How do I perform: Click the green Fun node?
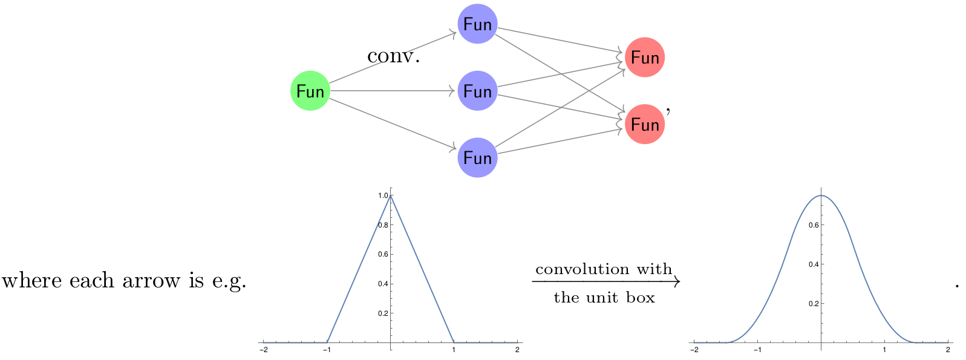point(310,91)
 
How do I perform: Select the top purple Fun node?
point(477,24)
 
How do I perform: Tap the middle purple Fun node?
point(477,91)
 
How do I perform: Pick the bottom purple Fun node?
point(477,157)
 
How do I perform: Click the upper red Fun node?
point(645,57)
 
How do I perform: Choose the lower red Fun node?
point(645,124)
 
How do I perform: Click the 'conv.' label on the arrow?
point(393,56)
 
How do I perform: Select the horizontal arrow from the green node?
point(393,91)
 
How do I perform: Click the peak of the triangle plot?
point(391,195)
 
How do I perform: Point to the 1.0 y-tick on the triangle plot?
point(383,196)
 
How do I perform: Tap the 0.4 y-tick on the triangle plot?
point(383,284)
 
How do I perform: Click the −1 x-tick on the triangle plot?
point(327,350)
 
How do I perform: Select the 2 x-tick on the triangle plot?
point(517,350)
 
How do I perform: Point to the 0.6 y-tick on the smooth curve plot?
point(814,225)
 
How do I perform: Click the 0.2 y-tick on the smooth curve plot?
point(814,304)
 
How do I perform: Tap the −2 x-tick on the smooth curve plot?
point(694,350)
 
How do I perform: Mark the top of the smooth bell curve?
point(821,196)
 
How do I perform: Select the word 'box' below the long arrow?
point(641,298)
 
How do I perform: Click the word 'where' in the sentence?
point(32,280)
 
